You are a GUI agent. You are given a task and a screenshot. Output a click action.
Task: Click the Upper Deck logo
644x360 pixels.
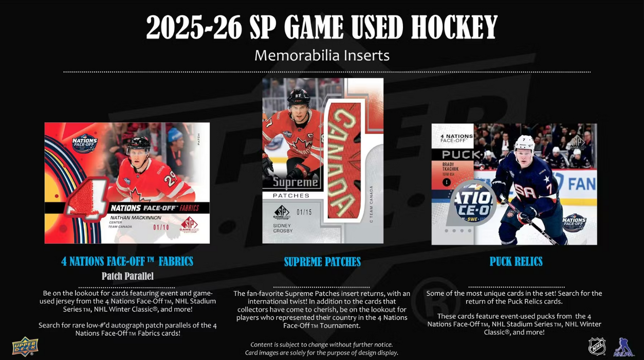25,346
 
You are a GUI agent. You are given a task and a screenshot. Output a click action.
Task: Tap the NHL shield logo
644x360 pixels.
597,347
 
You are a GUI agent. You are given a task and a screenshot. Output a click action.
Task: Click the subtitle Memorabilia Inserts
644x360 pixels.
322,55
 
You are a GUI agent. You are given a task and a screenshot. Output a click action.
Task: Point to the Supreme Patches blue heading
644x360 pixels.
322,262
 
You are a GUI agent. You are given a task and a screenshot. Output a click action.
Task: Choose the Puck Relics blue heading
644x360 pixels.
516,262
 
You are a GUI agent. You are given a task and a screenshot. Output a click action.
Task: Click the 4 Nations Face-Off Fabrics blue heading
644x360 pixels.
127,261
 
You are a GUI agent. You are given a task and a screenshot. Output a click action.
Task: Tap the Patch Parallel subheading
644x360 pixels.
127,276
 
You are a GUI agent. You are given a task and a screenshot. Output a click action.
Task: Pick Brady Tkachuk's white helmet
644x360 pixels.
524,142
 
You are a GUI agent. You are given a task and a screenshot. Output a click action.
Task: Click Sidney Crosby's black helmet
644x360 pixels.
298,97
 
